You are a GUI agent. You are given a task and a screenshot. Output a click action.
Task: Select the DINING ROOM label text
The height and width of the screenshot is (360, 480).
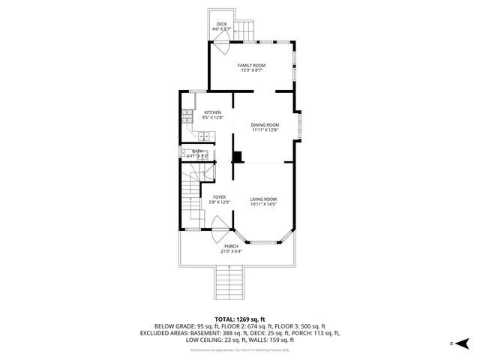(x=265, y=125)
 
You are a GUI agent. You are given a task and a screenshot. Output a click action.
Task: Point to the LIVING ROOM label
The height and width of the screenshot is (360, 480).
(x=263, y=199)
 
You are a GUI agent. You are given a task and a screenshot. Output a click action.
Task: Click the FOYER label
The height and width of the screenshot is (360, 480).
(x=219, y=197)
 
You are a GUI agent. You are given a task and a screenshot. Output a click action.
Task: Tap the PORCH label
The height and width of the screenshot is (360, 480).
(x=231, y=246)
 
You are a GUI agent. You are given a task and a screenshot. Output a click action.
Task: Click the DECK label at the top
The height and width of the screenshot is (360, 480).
(x=221, y=24)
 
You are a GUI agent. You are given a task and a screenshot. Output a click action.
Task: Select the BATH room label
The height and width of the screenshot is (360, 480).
(x=197, y=151)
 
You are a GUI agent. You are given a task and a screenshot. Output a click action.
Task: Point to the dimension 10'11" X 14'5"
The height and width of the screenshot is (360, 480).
(x=263, y=204)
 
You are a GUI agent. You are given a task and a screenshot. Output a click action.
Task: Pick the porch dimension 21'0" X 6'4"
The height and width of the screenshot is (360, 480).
(x=231, y=251)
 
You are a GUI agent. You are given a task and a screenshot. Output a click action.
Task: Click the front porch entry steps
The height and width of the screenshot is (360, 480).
(x=232, y=283)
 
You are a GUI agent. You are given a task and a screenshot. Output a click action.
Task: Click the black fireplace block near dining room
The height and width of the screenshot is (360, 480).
(x=238, y=157)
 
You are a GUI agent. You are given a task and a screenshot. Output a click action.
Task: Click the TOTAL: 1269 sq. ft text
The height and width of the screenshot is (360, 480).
(x=239, y=319)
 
